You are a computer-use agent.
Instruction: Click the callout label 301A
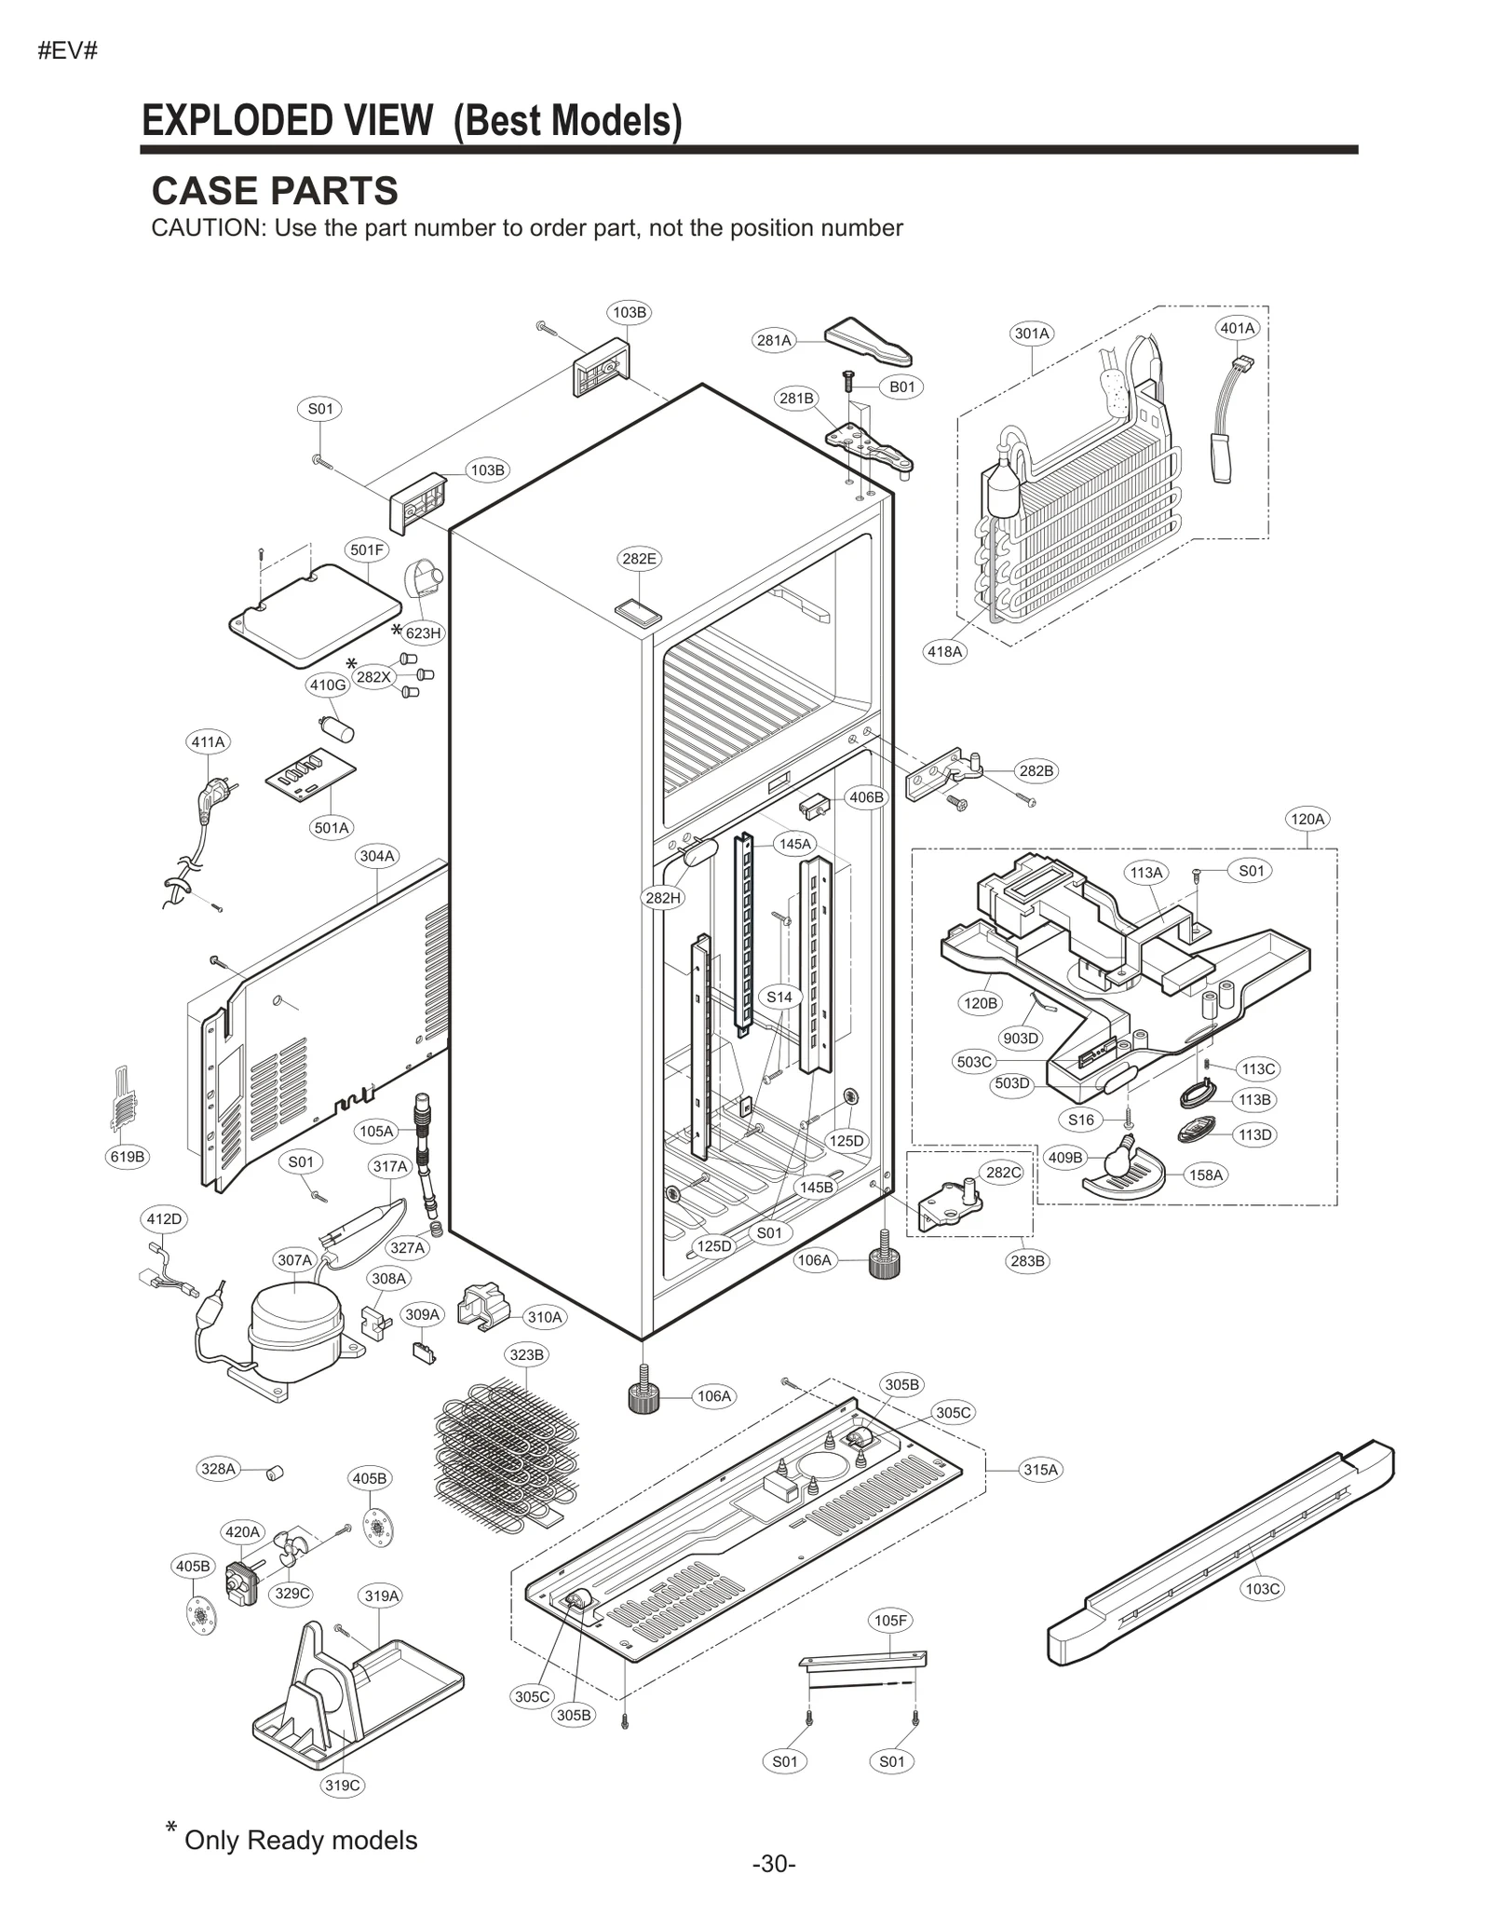tap(1032, 333)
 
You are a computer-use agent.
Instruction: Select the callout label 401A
tap(1238, 328)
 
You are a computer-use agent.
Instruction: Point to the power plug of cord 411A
tap(209, 797)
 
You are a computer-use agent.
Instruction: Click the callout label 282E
tap(639, 559)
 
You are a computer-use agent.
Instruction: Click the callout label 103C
tap(1263, 1588)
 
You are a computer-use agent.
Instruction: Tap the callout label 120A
tap(1307, 819)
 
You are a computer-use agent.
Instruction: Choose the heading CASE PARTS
tap(275, 191)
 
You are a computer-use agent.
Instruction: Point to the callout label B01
tap(902, 387)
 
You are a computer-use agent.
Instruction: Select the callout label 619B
tap(128, 1157)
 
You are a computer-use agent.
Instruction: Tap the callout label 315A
tap(1041, 1470)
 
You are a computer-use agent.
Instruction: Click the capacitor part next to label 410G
tap(337, 728)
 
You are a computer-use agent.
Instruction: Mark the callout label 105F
tap(890, 1621)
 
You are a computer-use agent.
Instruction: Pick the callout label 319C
tap(342, 1785)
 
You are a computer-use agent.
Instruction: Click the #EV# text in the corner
tap(67, 51)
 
